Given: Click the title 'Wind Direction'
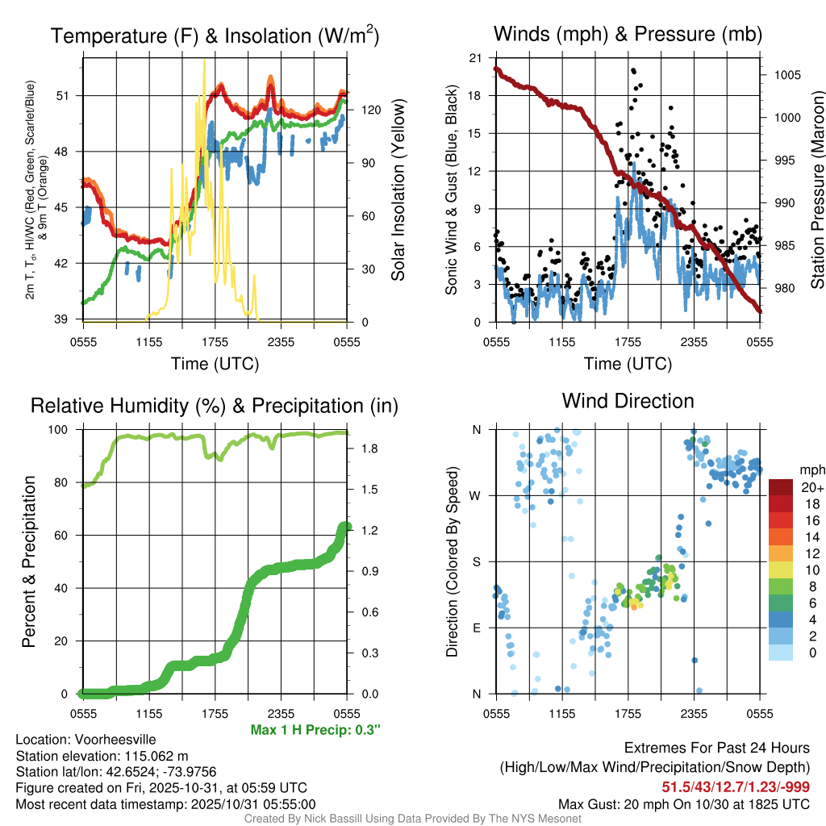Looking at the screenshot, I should point(628,401).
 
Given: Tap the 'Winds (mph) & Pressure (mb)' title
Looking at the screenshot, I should point(628,34).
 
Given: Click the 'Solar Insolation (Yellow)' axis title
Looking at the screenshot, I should point(398,190).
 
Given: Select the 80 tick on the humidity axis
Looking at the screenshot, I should point(68,483).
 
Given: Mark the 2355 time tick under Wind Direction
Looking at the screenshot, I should point(694,715).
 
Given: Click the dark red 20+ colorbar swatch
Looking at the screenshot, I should point(781,486).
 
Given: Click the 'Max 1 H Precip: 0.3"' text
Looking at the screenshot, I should point(315,730).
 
